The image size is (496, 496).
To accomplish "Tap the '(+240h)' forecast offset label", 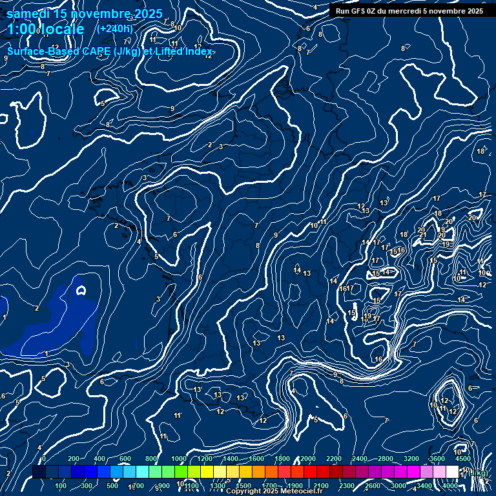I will [116, 29].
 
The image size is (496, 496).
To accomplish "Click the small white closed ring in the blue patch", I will [81, 290].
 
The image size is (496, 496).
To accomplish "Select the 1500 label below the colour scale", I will [243, 486].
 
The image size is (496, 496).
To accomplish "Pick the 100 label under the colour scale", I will [61, 486].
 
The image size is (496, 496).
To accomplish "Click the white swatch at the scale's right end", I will [452, 472].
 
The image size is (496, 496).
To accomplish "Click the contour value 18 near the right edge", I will [480, 151].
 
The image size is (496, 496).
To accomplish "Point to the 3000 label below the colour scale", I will [398, 486].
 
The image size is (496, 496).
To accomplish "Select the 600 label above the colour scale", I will [125, 459].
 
